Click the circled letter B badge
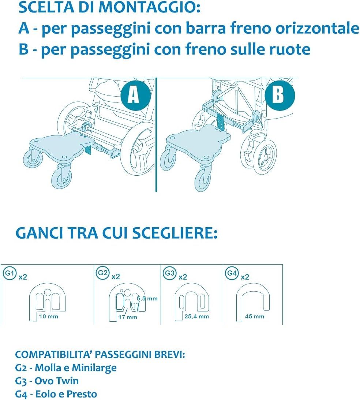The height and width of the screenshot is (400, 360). pos(280,96)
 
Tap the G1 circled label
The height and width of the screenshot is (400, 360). pos(10,273)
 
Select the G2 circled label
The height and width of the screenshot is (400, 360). pos(103,273)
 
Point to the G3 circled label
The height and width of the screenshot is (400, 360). pos(170,273)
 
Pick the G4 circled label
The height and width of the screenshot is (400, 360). pos(232,273)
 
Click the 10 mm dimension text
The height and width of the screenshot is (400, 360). pos(48,317)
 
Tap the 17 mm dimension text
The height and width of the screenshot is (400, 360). pos(128,317)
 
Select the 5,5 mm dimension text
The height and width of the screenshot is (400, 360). pos(147,299)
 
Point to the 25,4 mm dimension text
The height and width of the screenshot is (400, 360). pos(196,317)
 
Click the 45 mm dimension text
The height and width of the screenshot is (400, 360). pos(254,317)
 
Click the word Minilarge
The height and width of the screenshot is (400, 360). pos(94,367)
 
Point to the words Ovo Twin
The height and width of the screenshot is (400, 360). pos(57,381)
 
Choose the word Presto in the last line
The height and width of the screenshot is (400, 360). pos(82,394)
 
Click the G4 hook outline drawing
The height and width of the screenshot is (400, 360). pos(253,302)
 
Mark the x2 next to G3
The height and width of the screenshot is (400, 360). pos(183,277)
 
